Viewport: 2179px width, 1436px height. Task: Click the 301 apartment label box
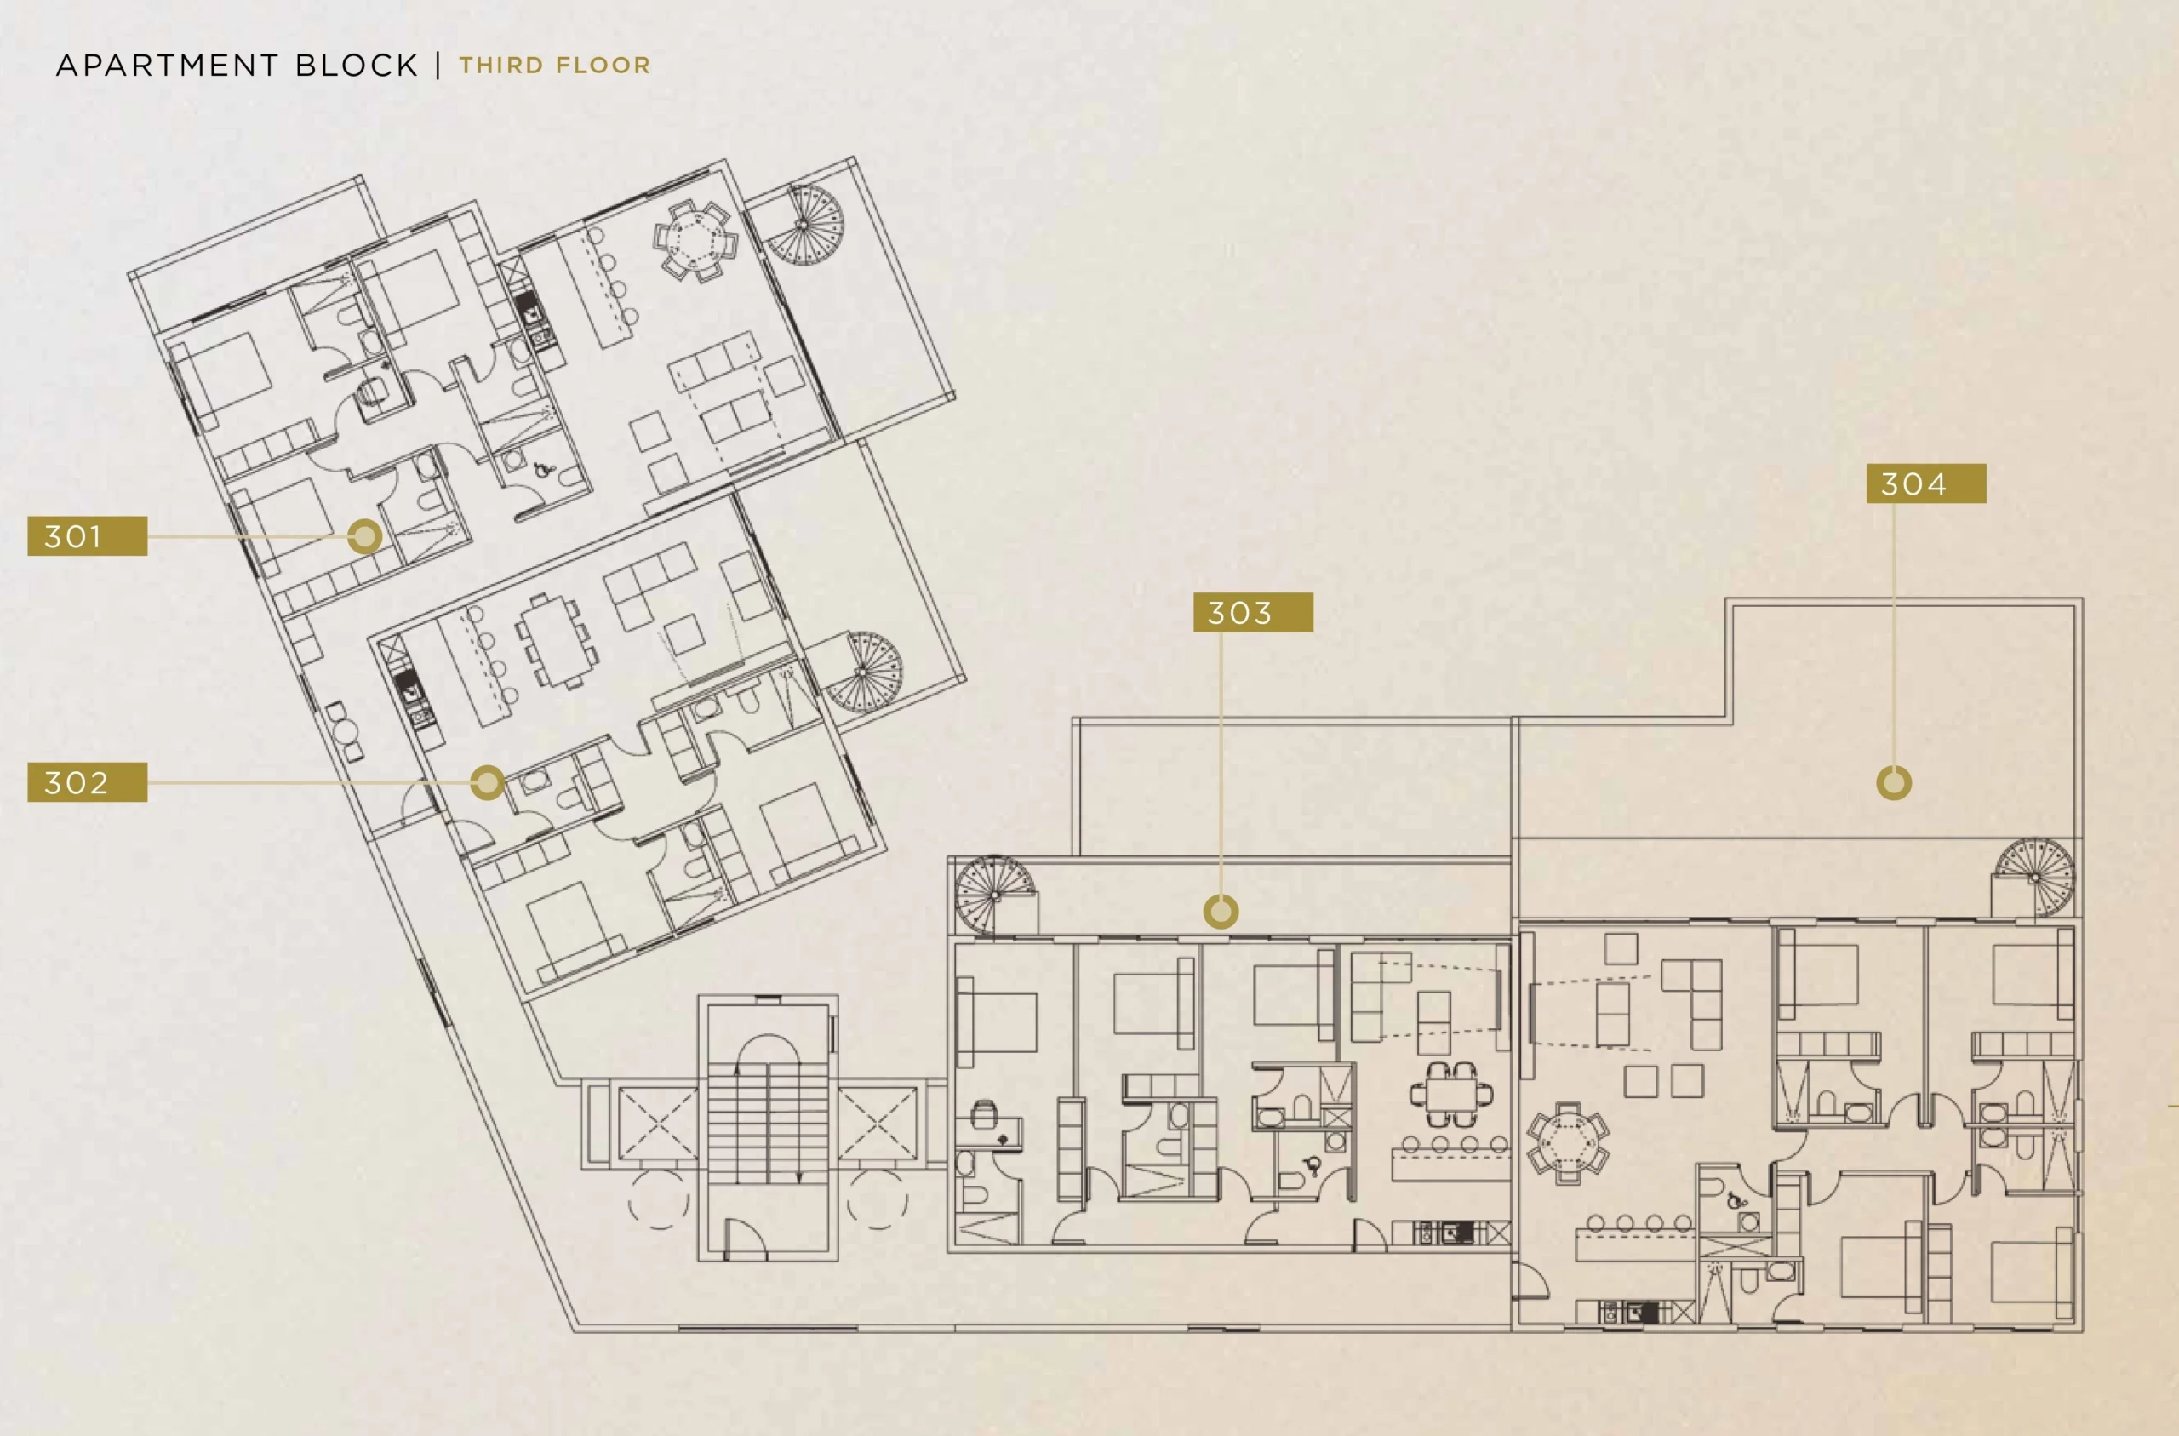87,535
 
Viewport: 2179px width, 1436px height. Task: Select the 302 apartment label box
87,782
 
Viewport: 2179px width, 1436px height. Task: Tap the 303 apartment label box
1252,612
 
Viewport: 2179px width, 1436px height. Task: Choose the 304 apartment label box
1926,483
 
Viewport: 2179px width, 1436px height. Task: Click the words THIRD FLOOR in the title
555,65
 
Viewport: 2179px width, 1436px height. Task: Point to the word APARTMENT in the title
167,65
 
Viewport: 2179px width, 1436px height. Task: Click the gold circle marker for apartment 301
364,536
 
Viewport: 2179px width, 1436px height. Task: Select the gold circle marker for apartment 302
487,782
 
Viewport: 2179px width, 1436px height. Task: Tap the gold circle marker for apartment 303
1221,912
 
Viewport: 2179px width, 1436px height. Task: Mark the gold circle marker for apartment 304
1893,783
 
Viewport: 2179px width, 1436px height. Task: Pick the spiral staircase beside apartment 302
862,673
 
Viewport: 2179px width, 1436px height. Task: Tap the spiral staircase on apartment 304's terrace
2034,878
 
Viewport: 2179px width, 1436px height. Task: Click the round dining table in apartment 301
695,241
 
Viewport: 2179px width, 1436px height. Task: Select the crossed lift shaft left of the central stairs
657,1123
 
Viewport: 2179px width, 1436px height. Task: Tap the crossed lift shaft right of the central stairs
877,1123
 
